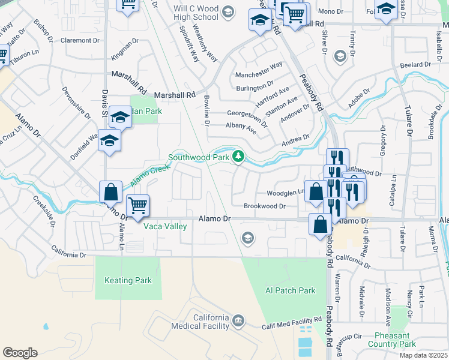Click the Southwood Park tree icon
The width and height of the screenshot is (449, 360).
239,157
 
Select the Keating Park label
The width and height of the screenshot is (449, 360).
128,280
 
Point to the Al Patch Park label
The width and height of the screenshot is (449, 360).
290,290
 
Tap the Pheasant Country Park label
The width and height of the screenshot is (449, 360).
395,340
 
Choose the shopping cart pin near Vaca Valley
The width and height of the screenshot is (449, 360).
138,207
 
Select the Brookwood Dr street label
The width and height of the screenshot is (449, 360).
264,206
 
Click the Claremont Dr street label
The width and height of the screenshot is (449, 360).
79,40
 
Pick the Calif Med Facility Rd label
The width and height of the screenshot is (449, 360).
292,325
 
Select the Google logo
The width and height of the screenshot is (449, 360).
20,353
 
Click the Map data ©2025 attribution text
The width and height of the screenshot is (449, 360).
423,356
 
